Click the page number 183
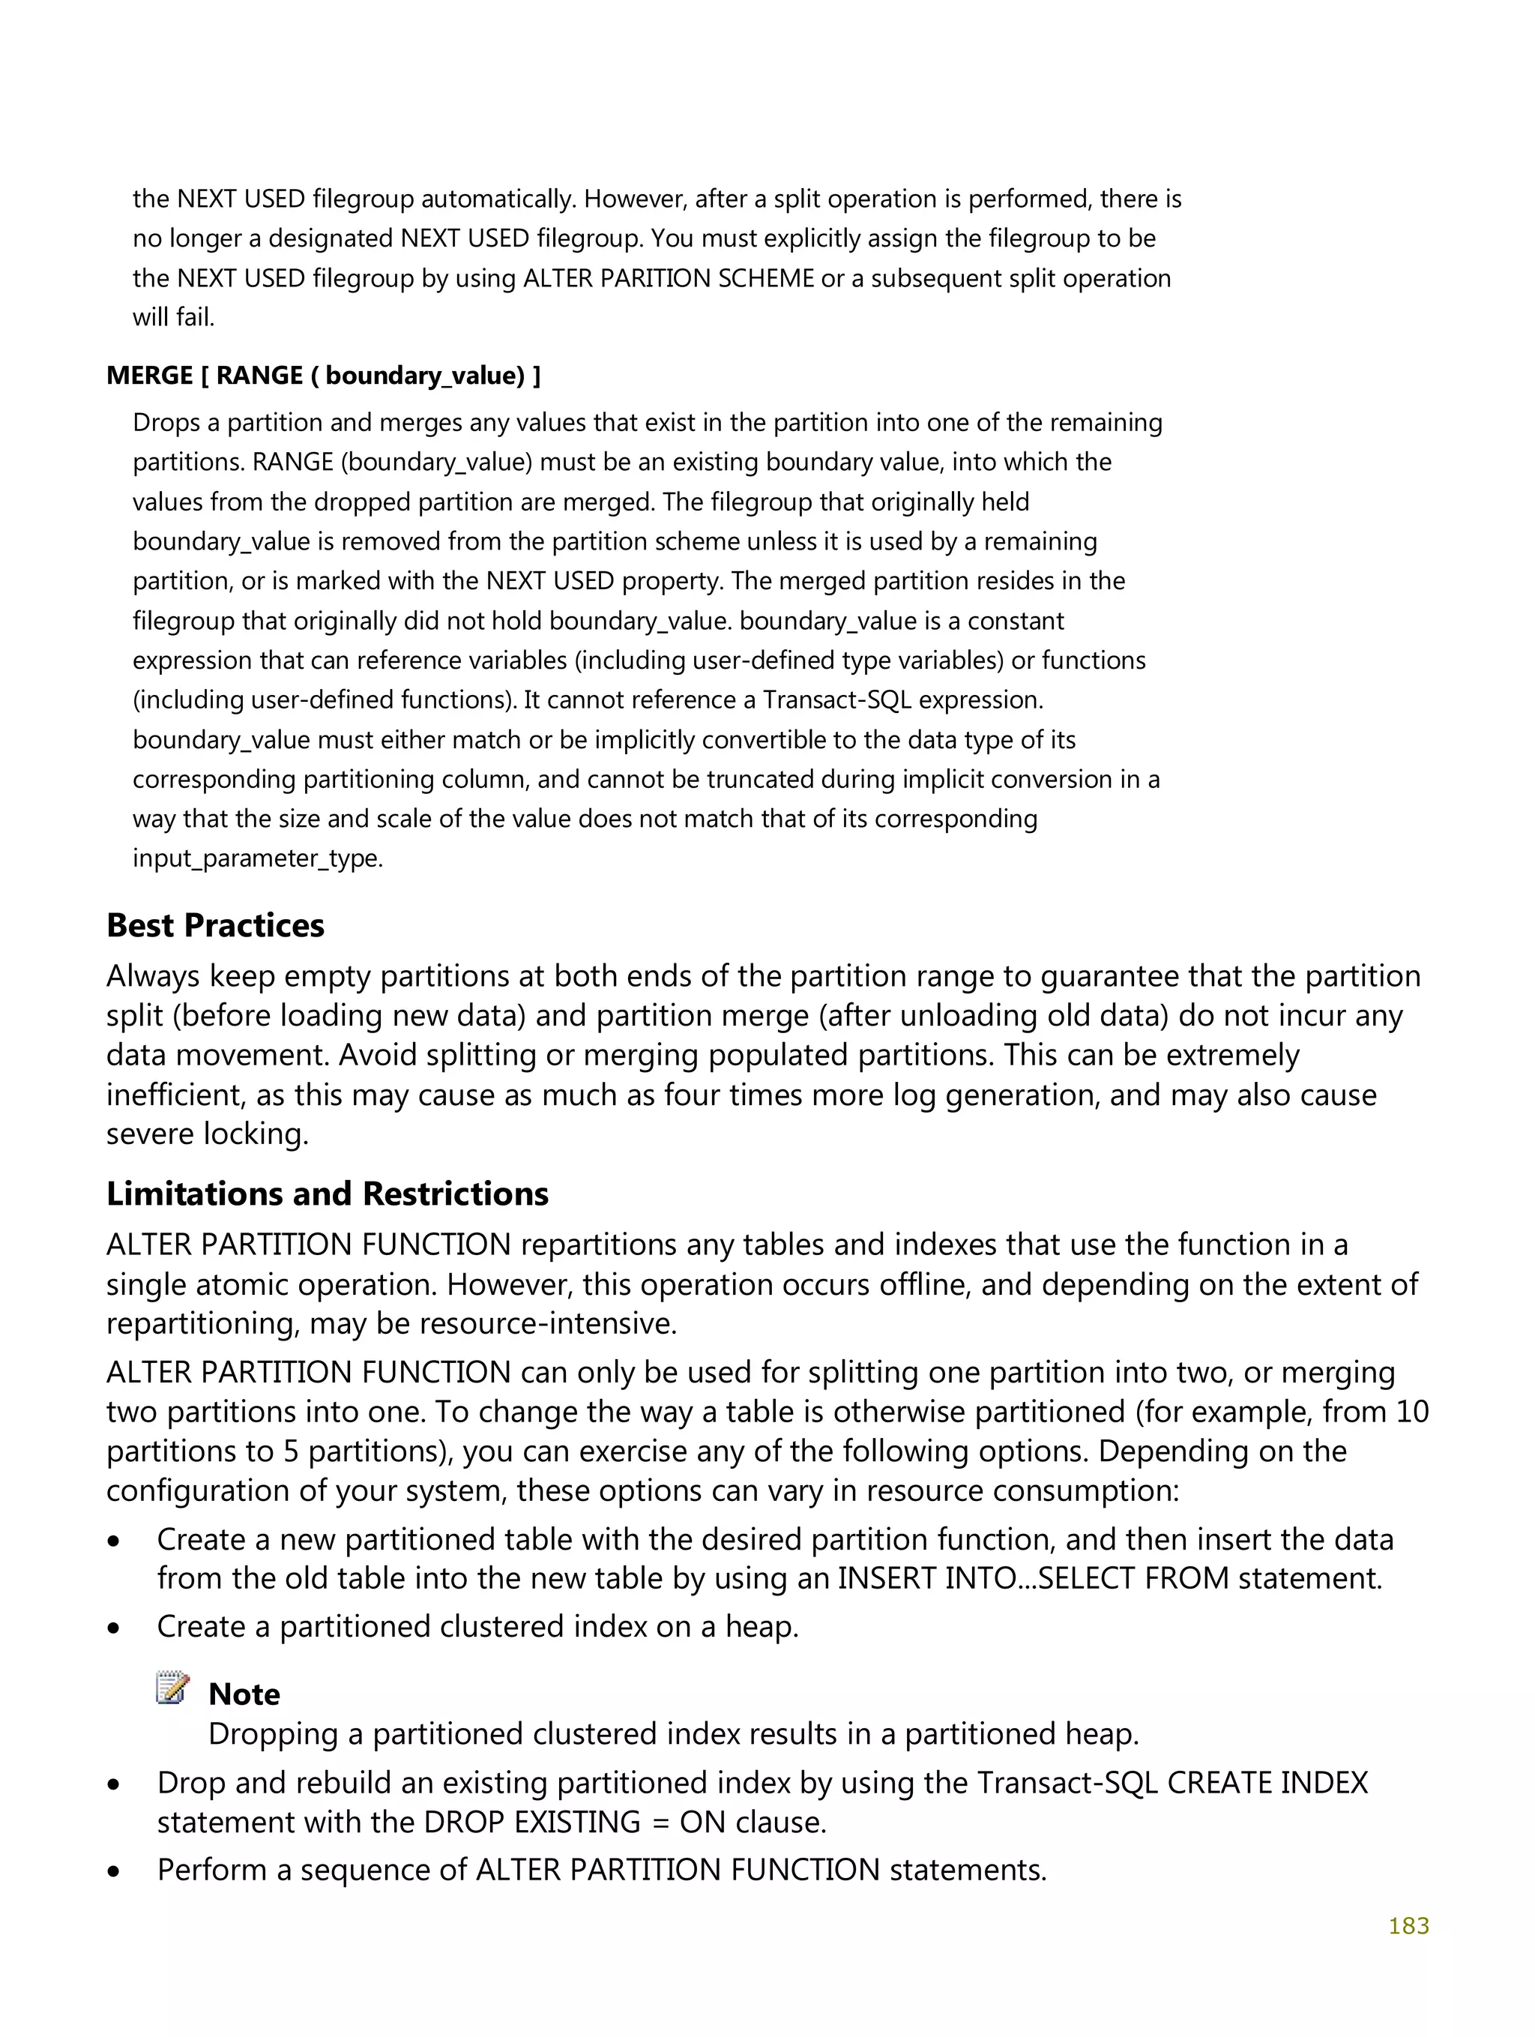click(1408, 1925)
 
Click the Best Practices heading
click(215, 925)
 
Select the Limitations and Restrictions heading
click(327, 1194)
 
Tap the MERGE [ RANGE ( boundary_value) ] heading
click(323, 376)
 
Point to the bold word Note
click(244, 1694)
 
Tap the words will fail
click(173, 318)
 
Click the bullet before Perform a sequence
click(114, 1871)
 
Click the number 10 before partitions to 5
click(1411, 1412)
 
